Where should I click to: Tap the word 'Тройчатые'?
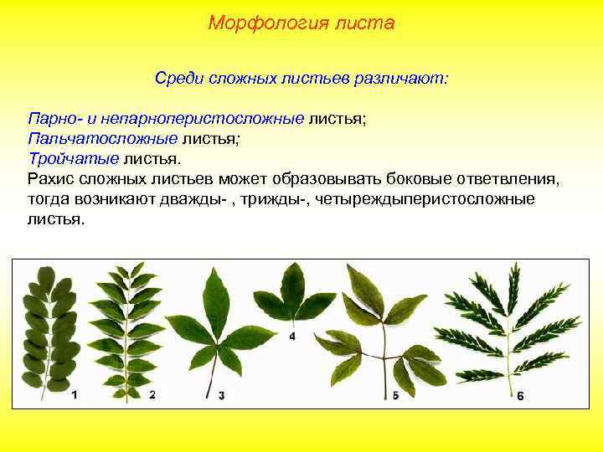73,158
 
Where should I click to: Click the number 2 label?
152,393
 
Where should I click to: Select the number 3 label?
221,394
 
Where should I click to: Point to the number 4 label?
292,336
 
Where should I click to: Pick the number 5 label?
394,394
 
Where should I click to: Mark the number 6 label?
520,395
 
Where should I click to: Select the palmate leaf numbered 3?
218,326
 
